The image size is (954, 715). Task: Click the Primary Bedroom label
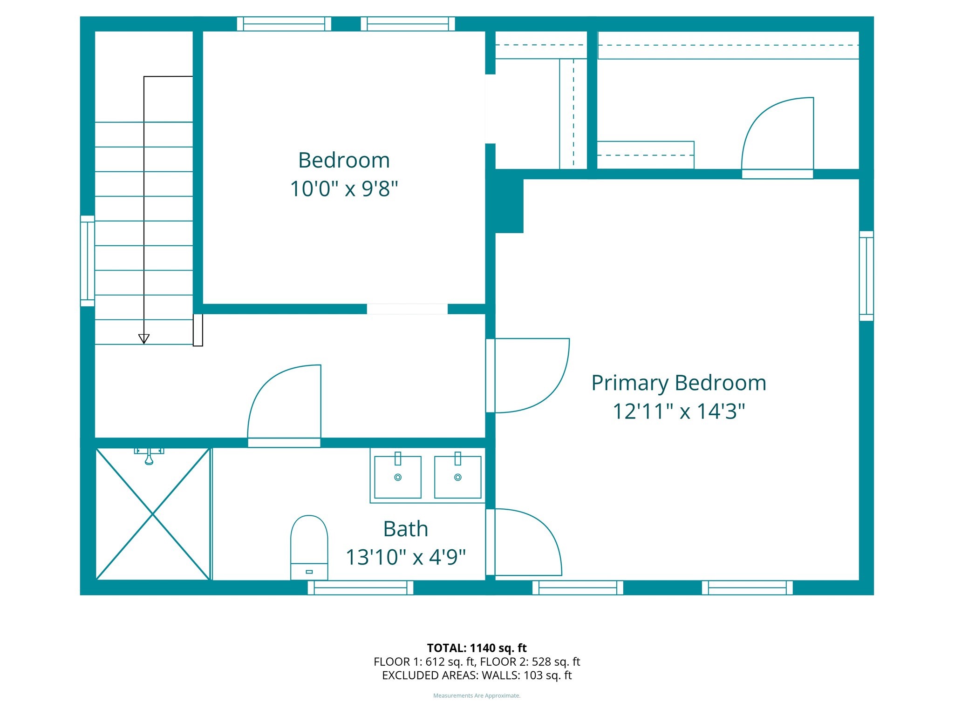(679, 383)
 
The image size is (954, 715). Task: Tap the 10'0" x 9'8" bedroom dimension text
(344, 189)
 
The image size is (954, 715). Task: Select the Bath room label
(405, 529)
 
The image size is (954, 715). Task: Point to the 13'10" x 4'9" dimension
(405, 557)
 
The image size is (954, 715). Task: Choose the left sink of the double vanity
(398, 477)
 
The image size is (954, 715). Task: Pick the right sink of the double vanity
(457, 477)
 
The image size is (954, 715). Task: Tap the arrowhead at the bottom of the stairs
(144, 339)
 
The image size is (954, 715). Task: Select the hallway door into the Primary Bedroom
(526, 375)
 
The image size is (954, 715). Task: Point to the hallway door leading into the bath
(284, 405)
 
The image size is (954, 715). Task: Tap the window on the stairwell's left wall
(88, 261)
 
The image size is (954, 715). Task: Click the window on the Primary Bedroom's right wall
(866, 276)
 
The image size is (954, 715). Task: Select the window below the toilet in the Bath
(360, 587)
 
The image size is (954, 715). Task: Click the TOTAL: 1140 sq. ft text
(477, 648)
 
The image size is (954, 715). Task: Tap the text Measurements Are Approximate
(477, 696)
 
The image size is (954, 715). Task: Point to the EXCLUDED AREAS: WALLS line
(477, 675)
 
